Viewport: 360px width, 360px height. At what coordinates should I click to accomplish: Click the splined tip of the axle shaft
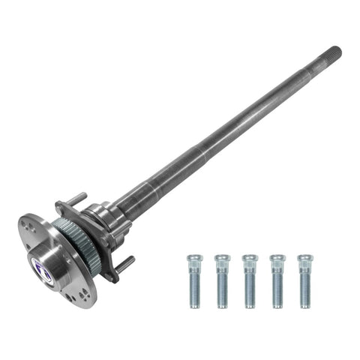point(333,54)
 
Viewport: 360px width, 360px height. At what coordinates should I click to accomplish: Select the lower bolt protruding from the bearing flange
point(126,262)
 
